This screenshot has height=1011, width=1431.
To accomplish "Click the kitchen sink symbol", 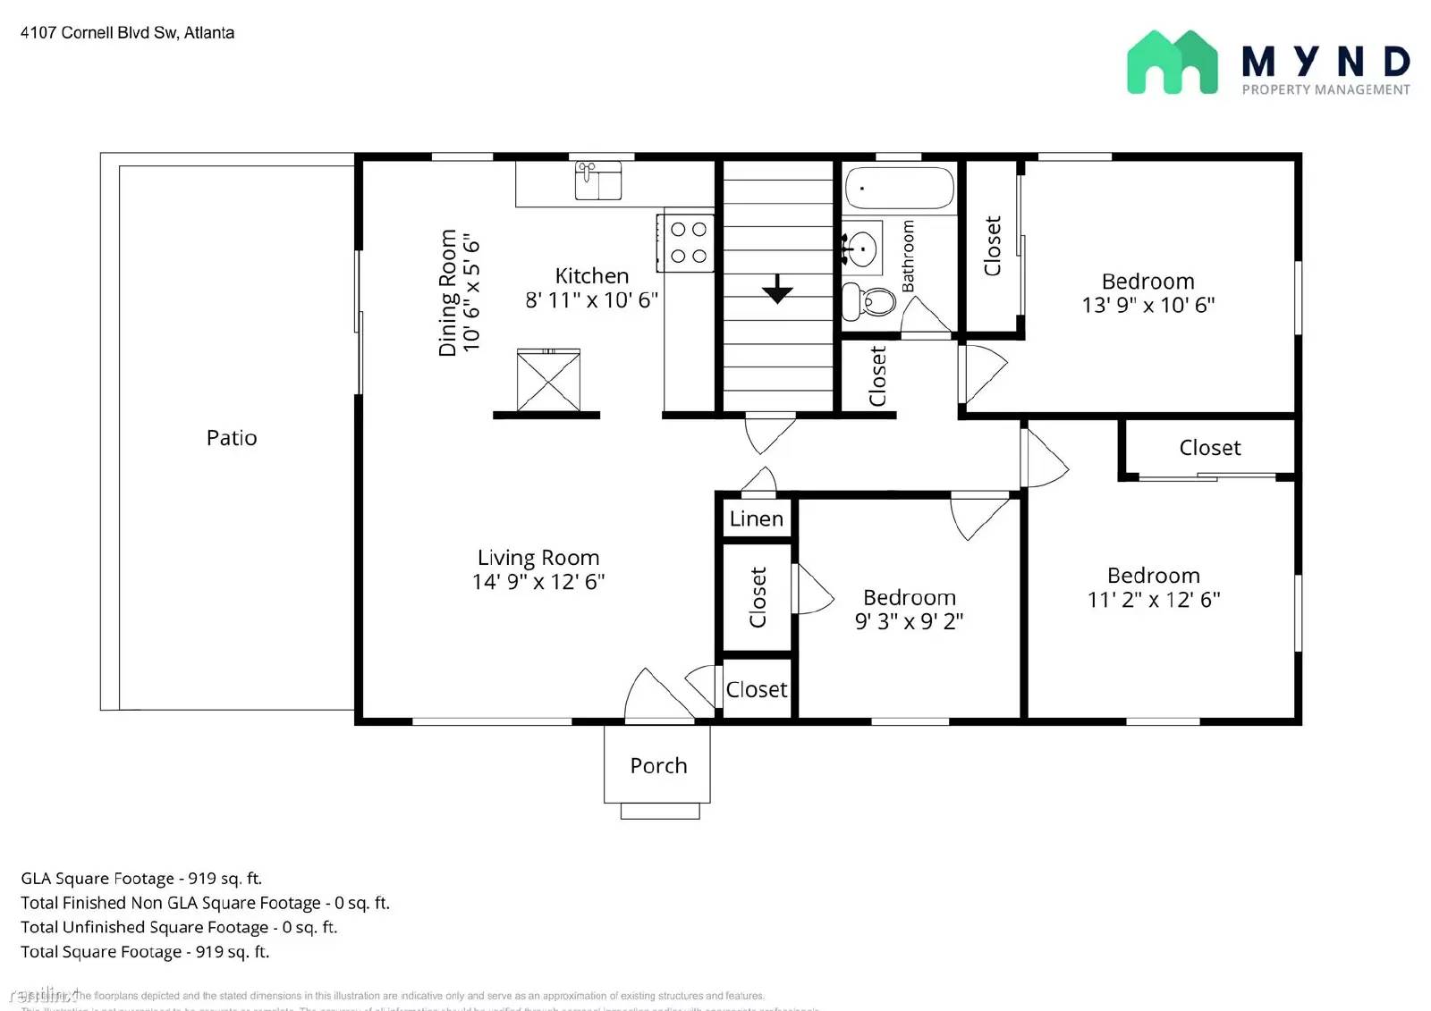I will click(597, 181).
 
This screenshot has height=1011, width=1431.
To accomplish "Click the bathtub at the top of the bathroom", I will click(899, 188).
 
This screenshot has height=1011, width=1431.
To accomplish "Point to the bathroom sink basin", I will click(861, 248).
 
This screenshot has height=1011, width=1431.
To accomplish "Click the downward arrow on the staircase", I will click(777, 289).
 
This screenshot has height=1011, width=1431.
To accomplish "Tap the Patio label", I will click(232, 438).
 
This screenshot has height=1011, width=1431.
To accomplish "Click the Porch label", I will click(658, 766).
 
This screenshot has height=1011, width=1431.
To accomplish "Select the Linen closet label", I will click(756, 518).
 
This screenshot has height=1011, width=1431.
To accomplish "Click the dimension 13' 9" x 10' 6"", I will click(1147, 305).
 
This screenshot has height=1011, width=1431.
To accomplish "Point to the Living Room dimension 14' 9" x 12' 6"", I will click(538, 582).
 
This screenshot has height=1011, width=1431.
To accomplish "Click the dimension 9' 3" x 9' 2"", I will click(909, 621).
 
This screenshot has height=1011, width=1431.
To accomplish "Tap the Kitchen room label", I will click(591, 276).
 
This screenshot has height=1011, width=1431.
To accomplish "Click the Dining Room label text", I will click(447, 293).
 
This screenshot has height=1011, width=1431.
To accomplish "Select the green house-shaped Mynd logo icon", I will click(1172, 63).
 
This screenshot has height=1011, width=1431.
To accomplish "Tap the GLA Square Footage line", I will click(141, 879).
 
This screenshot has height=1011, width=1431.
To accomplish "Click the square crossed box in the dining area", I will click(548, 382).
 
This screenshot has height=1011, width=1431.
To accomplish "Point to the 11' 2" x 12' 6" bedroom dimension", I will click(1154, 600).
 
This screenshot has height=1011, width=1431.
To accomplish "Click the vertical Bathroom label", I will click(908, 257).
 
